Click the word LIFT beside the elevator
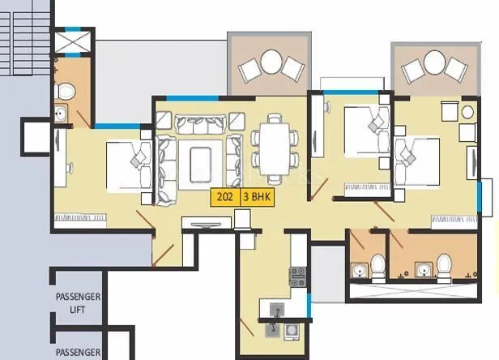(77, 310)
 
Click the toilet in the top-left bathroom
(68, 89)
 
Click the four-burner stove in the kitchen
(297, 277)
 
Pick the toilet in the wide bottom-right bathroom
(443, 264)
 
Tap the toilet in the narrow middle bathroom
(377, 264)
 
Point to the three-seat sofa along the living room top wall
(199, 124)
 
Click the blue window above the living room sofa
(193, 98)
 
